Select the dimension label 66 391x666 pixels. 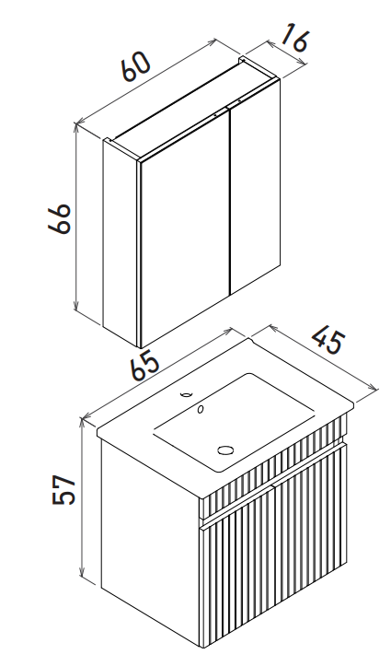[x=60, y=218]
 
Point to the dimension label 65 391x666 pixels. [x=145, y=366]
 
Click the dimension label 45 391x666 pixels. [x=328, y=341]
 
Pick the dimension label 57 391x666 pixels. [x=64, y=489]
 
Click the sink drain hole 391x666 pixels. [x=225, y=450]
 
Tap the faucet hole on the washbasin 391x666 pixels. [x=186, y=394]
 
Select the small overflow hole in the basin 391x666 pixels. [x=201, y=409]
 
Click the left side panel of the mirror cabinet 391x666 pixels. [x=121, y=242]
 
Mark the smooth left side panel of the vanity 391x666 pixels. [x=151, y=527]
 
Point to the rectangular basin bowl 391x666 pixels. [x=234, y=422]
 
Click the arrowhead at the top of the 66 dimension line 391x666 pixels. [x=76, y=126]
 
